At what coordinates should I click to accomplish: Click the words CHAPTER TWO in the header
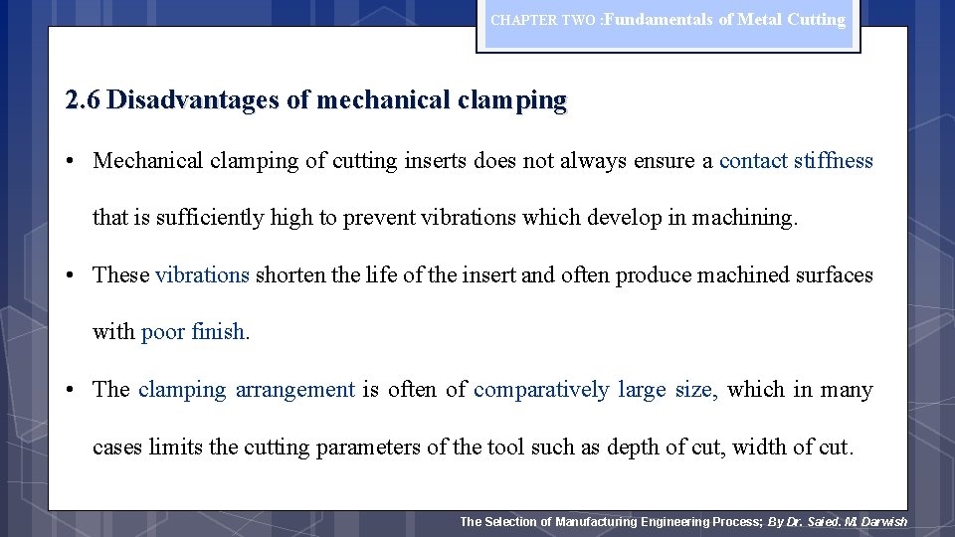(x=543, y=21)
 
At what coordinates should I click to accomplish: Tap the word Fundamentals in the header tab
(x=658, y=19)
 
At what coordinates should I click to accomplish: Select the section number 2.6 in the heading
(x=82, y=100)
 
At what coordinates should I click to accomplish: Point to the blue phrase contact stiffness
(x=796, y=161)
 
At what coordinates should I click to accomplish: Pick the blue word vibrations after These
(x=202, y=275)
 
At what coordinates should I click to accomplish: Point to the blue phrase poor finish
(x=193, y=332)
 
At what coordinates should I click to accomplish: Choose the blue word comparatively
(x=541, y=390)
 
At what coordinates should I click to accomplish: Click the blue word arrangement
(x=294, y=390)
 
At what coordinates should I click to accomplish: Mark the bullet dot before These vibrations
(x=74, y=275)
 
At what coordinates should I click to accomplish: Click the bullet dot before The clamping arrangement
(x=74, y=390)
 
